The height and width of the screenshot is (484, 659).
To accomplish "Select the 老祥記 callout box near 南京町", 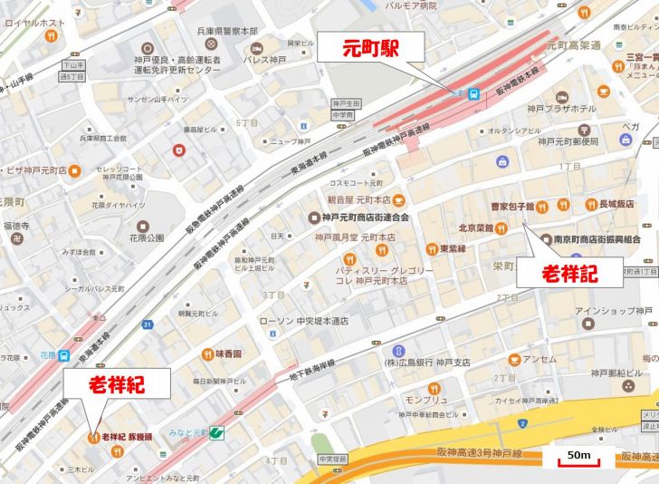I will pyautogui.click(x=569, y=272).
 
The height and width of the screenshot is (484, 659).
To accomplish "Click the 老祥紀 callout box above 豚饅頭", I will pyautogui.click(x=116, y=385).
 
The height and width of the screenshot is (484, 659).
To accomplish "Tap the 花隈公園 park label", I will pyautogui.click(x=145, y=237).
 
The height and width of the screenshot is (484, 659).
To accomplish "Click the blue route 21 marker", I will pyautogui.click(x=148, y=324).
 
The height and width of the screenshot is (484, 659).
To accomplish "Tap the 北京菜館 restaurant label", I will pyautogui.click(x=475, y=228).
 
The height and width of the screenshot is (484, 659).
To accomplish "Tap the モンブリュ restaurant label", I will pyautogui.click(x=425, y=400).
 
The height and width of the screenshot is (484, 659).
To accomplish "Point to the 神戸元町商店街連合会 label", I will pyautogui.click(x=366, y=218).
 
